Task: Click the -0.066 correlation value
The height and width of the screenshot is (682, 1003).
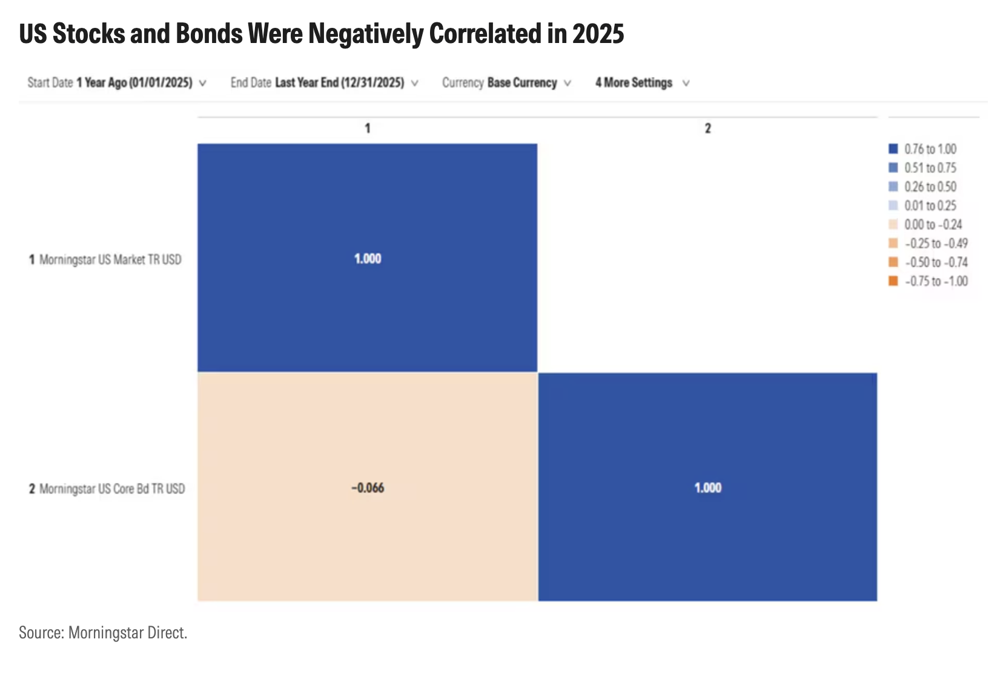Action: [368, 488]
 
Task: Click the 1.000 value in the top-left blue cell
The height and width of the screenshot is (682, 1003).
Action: [368, 259]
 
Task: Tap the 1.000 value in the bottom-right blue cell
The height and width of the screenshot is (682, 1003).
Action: [707, 488]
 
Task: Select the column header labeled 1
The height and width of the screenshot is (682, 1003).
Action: [368, 128]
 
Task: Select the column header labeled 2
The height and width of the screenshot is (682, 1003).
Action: [707, 128]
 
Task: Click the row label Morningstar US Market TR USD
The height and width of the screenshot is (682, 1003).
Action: [110, 260]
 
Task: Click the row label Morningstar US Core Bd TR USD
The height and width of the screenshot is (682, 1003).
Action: [112, 489]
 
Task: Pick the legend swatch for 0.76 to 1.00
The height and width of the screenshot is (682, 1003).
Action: [893, 149]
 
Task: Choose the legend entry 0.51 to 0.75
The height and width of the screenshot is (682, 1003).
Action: [930, 168]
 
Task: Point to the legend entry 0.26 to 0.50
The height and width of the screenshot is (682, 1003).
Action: [930, 187]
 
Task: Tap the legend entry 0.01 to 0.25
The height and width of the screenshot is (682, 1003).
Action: [930, 205]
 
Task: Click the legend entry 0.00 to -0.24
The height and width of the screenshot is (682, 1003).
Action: [933, 225]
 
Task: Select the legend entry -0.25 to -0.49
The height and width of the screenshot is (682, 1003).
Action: [936, 243]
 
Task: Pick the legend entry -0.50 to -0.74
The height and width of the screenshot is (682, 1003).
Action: [936, 262]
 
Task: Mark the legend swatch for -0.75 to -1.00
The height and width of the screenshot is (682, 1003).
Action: [893, 281]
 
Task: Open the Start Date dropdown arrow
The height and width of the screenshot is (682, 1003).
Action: [202, 83]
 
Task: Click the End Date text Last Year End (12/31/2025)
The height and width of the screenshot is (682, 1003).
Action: [339, 82]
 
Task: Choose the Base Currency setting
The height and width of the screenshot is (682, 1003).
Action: [521, 82]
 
